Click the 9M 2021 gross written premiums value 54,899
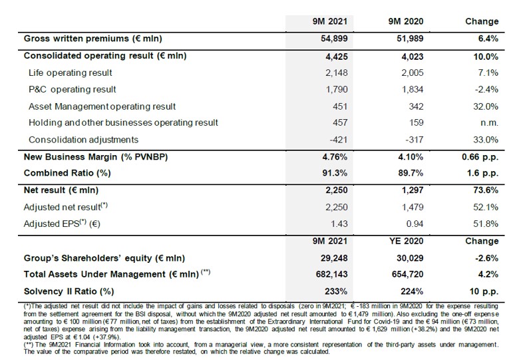click(x=334, y=39)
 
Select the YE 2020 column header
click(x=406, y=242)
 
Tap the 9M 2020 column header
click(x=406, y=22)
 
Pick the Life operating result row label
click(x=71, y=73)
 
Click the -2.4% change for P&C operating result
click(x=488, y=89)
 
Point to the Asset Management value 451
click(x=340, y=106)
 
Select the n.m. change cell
click(x=489, y=123)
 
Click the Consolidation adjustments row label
click(x=83, y=140)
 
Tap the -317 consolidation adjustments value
click(x=415, y=140)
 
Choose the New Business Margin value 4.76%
click(x=335, y=157)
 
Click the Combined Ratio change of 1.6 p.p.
click(x=482, y=173)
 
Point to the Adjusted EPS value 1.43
click(x=339, y=224)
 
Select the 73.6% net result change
click(x=486, y=190)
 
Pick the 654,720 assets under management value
click(x=408, y=274)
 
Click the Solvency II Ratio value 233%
click(x=336, y=291)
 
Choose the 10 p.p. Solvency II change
click(x=484, y=291)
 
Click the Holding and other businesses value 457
click(x=340, y=123)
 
